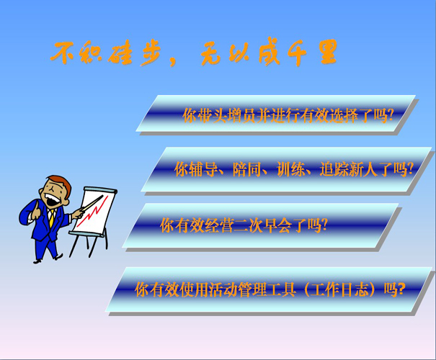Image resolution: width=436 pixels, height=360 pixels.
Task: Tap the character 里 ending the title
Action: pyautogui.click(x=328, y=52)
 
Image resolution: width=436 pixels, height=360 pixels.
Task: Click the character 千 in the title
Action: pyautogui.click(x=297, y=53)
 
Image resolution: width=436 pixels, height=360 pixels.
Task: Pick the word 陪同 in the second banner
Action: pyautogui.click(x=247, y=169)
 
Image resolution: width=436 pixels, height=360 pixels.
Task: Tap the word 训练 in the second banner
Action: pyautogui.click(x=291, y=169)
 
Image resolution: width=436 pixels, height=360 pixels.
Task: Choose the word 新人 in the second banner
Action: pyautogui.click(x=363, y=169)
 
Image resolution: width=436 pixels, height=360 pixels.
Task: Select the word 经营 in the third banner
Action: pyautogui.click(x=219, y=225)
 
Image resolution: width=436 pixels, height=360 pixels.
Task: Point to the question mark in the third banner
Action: pyautogui.click(x=324, y=225)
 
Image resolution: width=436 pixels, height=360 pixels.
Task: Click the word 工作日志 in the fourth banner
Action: pyautogui.click(x=339, y=289)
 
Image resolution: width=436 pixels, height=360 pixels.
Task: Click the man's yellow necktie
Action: pyautogui.click(x=51, y=217)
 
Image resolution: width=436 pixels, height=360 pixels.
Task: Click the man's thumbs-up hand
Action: pyautogui.click(x=36, y=211)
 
